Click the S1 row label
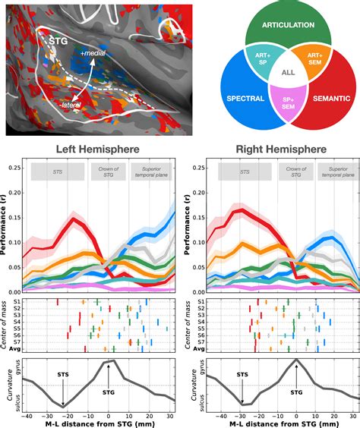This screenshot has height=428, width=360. coord(13,302)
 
